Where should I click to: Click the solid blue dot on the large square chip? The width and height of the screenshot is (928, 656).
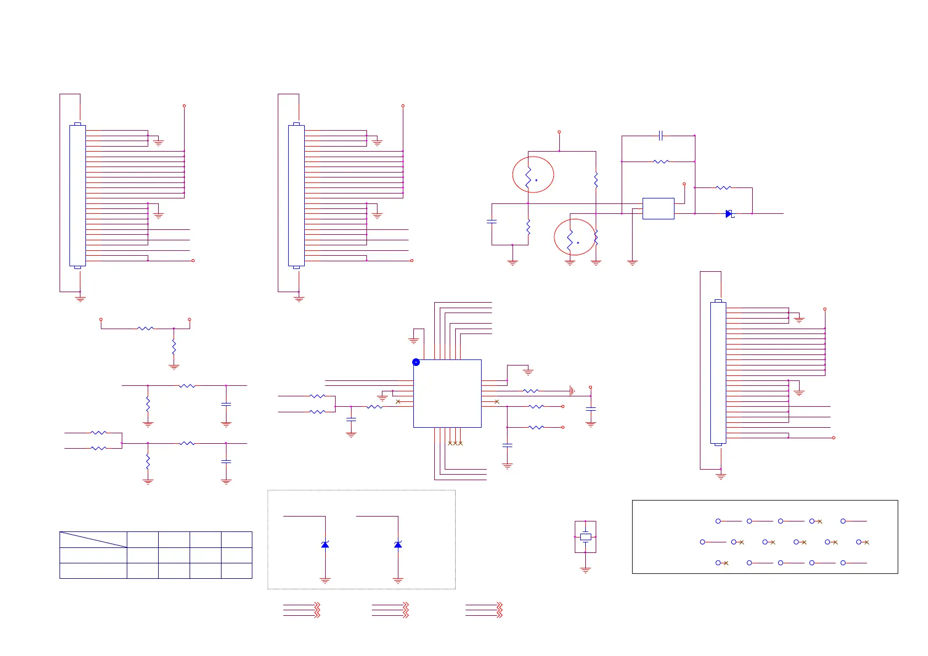click(x=416, y=362)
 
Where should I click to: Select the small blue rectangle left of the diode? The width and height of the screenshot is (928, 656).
click(x=658, y=208)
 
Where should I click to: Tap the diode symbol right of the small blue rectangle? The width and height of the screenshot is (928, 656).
click(x=729, y=214)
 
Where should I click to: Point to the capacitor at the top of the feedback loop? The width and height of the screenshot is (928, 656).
click(x=661, y=135)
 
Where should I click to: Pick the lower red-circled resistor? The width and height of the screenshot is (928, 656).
click(x=570, y=238)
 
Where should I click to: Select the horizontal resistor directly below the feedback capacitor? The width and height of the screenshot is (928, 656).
click(x=661, y=162)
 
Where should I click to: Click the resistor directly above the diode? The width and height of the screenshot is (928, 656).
click(x=724, y=188)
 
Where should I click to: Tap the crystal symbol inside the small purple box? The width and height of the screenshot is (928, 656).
click(x=585, y=536)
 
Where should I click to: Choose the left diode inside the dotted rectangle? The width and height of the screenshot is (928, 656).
click(x=325, y=545)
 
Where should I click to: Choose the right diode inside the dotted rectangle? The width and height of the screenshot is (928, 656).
click(x=398, y=545)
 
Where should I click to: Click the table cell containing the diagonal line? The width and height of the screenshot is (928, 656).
click(x=93, y=539)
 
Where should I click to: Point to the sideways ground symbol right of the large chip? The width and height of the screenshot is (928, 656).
click(x=573, y=391)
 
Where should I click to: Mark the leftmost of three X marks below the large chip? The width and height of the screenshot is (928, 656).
click(x=450, y=443)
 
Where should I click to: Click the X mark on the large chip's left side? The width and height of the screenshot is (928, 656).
click(x=398, y=401)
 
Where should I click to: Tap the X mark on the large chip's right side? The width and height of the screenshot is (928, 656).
click(x=497, y=401)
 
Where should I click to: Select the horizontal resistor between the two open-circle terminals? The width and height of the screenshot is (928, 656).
click(x=145, y=329)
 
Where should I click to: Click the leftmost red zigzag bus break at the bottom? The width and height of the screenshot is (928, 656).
click(x=317, y=610)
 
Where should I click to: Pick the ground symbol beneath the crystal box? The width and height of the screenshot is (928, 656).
click(x=585, y=570)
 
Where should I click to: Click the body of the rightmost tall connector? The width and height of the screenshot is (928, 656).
click(x=718, y=373)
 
